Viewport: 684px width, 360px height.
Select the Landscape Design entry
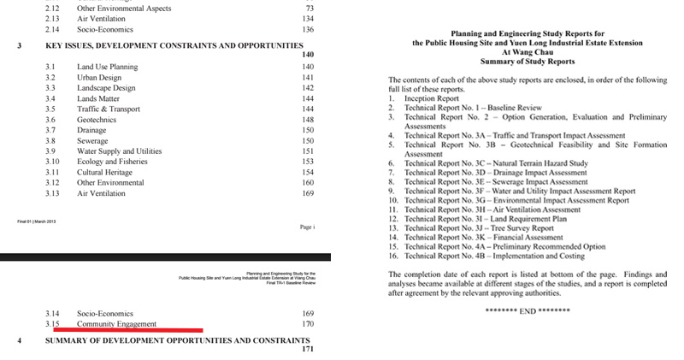point(106,88)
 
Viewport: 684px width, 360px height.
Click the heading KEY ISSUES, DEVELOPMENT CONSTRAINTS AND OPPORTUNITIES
point(174,44)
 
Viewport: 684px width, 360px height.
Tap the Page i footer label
point(308,228)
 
